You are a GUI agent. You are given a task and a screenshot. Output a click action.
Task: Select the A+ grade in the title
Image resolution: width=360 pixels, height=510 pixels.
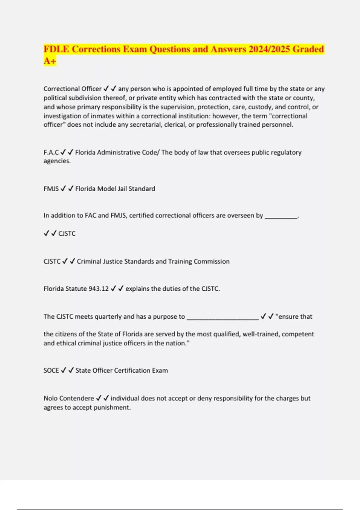(x=50, y=61)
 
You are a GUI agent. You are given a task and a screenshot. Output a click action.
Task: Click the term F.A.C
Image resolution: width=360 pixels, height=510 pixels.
(x=51, y=152)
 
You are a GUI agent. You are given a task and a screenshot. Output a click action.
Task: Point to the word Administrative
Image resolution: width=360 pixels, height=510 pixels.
(x=119, y=152)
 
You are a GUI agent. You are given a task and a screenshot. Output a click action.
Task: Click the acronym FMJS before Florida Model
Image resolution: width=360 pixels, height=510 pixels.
(x=51, y=189)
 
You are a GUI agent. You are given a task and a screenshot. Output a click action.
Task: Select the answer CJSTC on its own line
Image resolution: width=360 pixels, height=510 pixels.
(x=67, y=233)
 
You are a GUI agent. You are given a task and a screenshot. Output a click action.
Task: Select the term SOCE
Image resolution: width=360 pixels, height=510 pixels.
(x=51, y=370)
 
